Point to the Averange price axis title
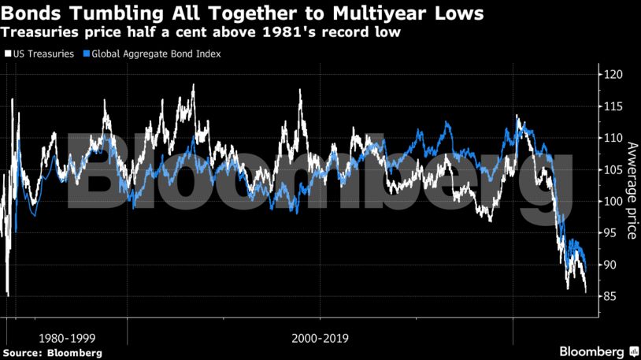coord(630,189)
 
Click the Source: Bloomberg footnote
coord(51,353)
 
